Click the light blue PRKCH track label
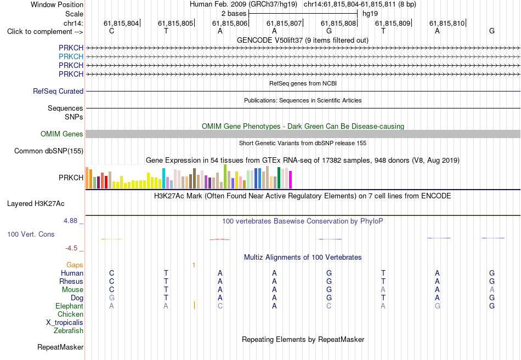[x=71, y=56]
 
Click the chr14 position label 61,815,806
[x=230, y=23]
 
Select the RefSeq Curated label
[x=58, y=91]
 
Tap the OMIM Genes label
[x=62, y=134]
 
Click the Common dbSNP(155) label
[x=49, y=151]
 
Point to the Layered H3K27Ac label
[x=36, y=204]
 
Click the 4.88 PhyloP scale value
[x=70, y=221]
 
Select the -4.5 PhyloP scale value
[x=71, y=248]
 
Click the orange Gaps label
[x=75, y=265]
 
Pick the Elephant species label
[x=70, y=306]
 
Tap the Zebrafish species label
[x=69, y=330]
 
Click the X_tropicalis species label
[x=65, y=323]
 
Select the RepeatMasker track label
[x=60, y=347]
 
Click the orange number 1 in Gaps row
[x=194, y=265]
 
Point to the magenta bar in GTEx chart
[x=291, y=180]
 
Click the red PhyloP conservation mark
[x=219, y=239]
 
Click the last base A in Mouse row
[x=492, y=290]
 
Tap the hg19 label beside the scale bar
[x=370, y=14]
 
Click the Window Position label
[x=57, y=4]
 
